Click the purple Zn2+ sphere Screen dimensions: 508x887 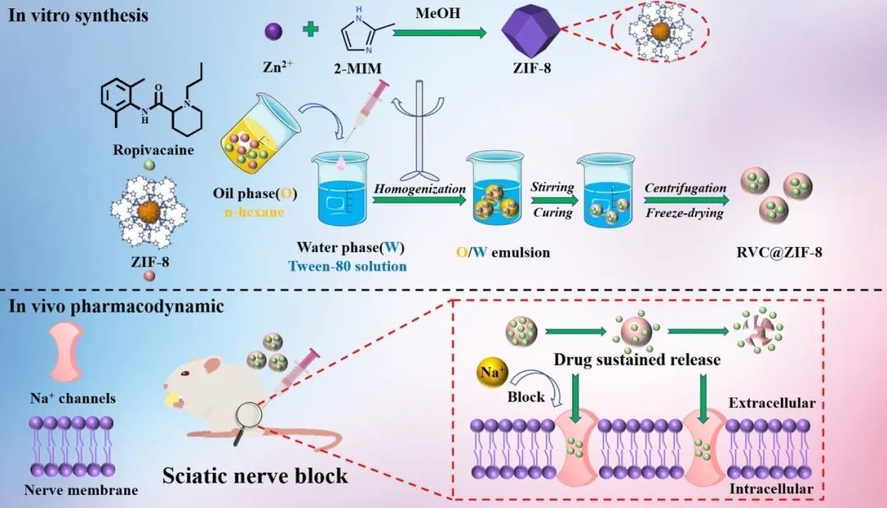(x=273, y=31)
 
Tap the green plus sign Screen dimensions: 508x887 (x=310, y=30)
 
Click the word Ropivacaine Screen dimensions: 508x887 (x=146, y=150)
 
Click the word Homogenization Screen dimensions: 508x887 (x=420, y=189)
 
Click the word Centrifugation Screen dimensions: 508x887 (x=685, y=188)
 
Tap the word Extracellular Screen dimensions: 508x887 (x=771, y=403)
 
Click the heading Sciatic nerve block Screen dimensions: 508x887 (x=255, y=475)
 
